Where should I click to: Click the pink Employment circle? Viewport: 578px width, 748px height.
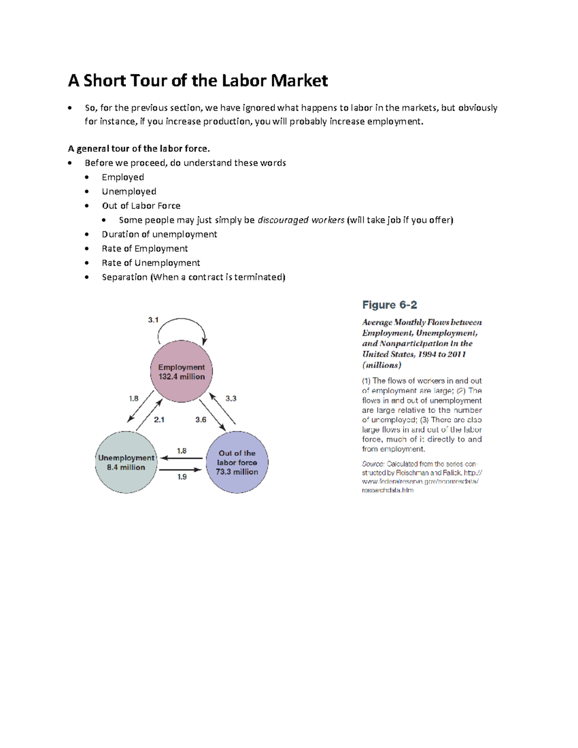click(182, 371)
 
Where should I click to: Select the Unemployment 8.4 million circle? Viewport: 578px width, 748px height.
click(126, 462)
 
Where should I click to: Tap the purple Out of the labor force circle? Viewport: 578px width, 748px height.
click(236, 462)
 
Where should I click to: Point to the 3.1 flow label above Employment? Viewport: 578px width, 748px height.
click(153, 320)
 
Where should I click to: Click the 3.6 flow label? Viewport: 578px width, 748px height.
click(201, 420)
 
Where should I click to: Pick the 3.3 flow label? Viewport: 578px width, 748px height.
click(231, 398)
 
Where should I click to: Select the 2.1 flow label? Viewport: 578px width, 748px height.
click(159, 420)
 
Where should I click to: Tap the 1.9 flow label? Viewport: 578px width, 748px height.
click(182, 477)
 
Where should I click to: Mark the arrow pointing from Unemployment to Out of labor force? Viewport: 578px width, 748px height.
click(181, 470)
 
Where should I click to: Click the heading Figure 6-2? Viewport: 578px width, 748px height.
click(389, 305)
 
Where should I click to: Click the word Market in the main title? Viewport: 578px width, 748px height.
click(299, 80)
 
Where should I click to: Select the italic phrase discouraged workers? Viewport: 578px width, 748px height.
click(301, 220)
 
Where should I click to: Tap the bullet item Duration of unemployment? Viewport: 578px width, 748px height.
click(159, 234)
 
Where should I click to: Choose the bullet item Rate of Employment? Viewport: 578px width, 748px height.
click(144, 249)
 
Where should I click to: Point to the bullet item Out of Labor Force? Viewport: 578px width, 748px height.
click(141, 206)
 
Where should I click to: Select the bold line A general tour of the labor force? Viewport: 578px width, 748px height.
click(139, 148)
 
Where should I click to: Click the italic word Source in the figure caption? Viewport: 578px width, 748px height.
click(373, 464)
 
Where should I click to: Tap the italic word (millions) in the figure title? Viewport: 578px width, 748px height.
click(381, 365)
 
